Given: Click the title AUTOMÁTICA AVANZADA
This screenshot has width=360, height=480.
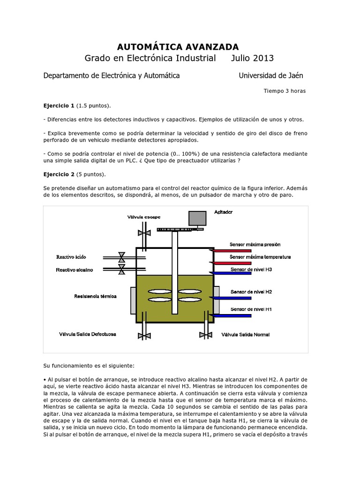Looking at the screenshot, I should (x=178, y=46).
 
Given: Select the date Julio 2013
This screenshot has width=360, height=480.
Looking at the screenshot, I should (x=252, y=58).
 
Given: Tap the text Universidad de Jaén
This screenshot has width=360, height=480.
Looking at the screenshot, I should (x=267, y=75).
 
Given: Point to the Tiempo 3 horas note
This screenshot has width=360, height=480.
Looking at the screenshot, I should (x=285, y=91).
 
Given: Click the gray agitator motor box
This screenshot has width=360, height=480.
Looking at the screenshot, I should (x=197, y=218).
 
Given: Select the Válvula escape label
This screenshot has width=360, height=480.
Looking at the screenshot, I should (x=143, y=217).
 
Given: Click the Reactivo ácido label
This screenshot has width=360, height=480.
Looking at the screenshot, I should (x=71, y=257).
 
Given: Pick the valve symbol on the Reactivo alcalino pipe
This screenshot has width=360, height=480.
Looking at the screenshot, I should (x=121, y=269).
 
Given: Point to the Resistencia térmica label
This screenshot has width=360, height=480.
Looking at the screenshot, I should (x=95, y=296).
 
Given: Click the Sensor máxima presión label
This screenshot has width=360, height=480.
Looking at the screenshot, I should (x=255, y=245).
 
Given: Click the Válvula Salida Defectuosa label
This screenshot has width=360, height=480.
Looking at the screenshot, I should (x=87, y=334).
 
